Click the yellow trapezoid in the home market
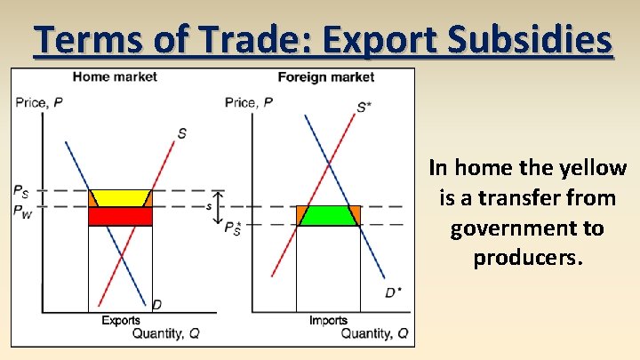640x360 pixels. [121, 198]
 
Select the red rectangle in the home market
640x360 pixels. [120, 216]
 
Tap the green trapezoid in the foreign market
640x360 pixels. [328, 215]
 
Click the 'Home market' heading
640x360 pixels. [115, 77]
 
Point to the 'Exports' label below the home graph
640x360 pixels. [120, 320]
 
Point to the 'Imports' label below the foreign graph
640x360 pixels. [328, 320]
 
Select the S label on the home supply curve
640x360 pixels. [181, 133]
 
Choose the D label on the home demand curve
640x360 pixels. [156, 305]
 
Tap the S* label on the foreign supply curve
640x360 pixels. [364, 108]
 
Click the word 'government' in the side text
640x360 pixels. [527, 228]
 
